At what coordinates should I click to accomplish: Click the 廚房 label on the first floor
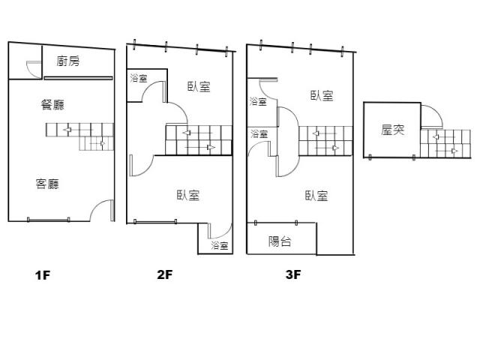click(x=67, y=61)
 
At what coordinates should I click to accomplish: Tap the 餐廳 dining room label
click(x=52, y=105)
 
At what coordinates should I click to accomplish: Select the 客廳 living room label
click(x=47, y=184)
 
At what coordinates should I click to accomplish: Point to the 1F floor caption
click(x=42, y=274)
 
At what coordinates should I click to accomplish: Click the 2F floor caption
click(x=165, y=274)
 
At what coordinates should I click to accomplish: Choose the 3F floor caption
click(x=292, y=274)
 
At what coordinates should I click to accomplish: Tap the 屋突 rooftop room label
click(x=393, y=130)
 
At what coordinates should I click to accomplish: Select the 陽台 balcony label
click(x=280, y=241)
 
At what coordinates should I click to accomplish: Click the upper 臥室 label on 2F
click(x=199, y=87)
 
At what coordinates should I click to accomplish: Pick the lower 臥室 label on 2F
click(x=188, y=195)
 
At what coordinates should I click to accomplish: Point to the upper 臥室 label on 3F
click(x=322, y=95)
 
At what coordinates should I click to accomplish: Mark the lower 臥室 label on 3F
click(x=316, y=196)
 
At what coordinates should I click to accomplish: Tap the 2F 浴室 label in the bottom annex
click(x=219, y=246)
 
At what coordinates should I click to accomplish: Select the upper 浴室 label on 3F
click(x=258, y=102)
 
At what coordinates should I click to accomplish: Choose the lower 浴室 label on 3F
click(x=259, y=133)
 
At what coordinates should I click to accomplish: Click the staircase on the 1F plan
click(x=78, y=136)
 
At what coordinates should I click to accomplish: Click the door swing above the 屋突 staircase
click(x=430, y=117)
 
